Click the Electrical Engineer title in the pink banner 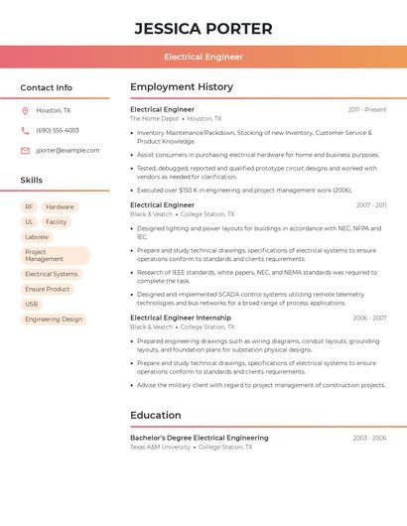[203, 57]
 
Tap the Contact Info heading [47, 87]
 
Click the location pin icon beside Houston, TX [25, 110]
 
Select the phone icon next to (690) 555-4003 [25, 130]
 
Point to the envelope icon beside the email [25, 150]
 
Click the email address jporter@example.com [68, 150]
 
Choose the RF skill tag [29, 207]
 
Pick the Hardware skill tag [60, 207]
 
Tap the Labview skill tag [37, 237]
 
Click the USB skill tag [32, 304]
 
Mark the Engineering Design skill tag [54, 319]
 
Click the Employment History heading [181, 87]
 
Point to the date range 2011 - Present [367, 109]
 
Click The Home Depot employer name [154, 118]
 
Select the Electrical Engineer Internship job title [180, 318]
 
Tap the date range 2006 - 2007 [369, 318]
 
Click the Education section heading [155, 415]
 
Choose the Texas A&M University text [160, 447]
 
